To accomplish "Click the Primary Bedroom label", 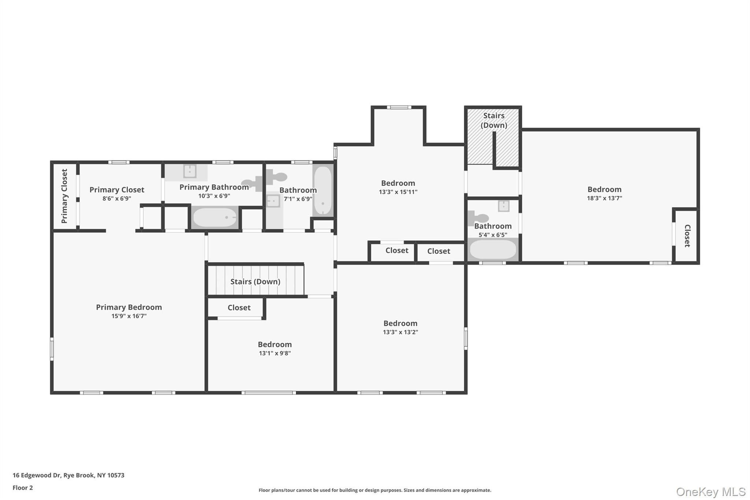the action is (129, 307).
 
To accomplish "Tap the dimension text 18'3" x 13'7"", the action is (604, 198).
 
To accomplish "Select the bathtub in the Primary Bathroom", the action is (215, 218).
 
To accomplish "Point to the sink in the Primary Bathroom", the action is (190, 171).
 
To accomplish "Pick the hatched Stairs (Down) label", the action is (494, 120).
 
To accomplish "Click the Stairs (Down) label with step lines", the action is (255, 281).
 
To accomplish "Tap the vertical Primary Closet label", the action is (64, 196).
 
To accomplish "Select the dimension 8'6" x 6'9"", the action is (117, 199).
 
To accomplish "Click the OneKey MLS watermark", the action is (711, 492).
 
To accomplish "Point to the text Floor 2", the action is (23, 488).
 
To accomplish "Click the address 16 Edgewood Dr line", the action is (68, 475).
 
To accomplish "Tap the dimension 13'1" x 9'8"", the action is (275, 353).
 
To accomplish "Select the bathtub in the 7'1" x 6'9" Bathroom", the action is (323, 190).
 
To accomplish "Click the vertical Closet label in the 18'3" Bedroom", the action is (687, 236).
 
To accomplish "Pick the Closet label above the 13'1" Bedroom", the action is (239, 308).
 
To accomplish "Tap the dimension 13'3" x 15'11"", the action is (398, 192).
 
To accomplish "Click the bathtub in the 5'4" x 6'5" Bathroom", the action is (493, 249).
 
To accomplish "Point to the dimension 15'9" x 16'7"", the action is (129, 316).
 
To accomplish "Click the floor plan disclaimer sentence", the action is (375, 490).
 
